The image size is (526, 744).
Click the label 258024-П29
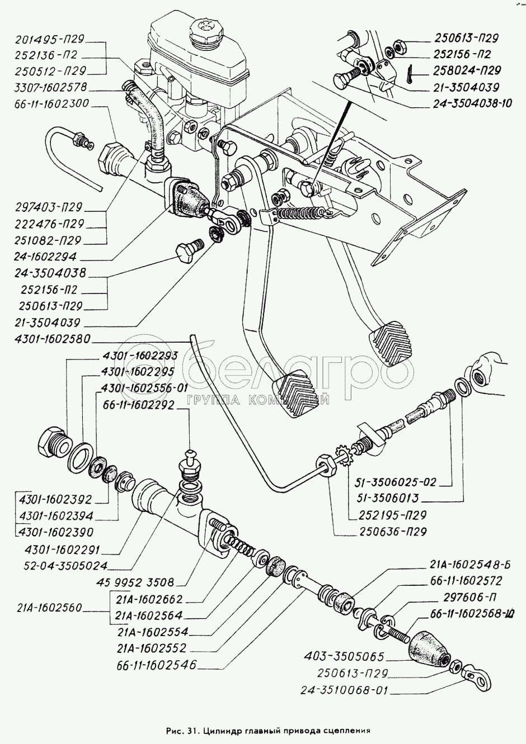pos(467,71)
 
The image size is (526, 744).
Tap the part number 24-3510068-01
pos(342,690)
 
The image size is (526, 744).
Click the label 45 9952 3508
pos(137,581)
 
